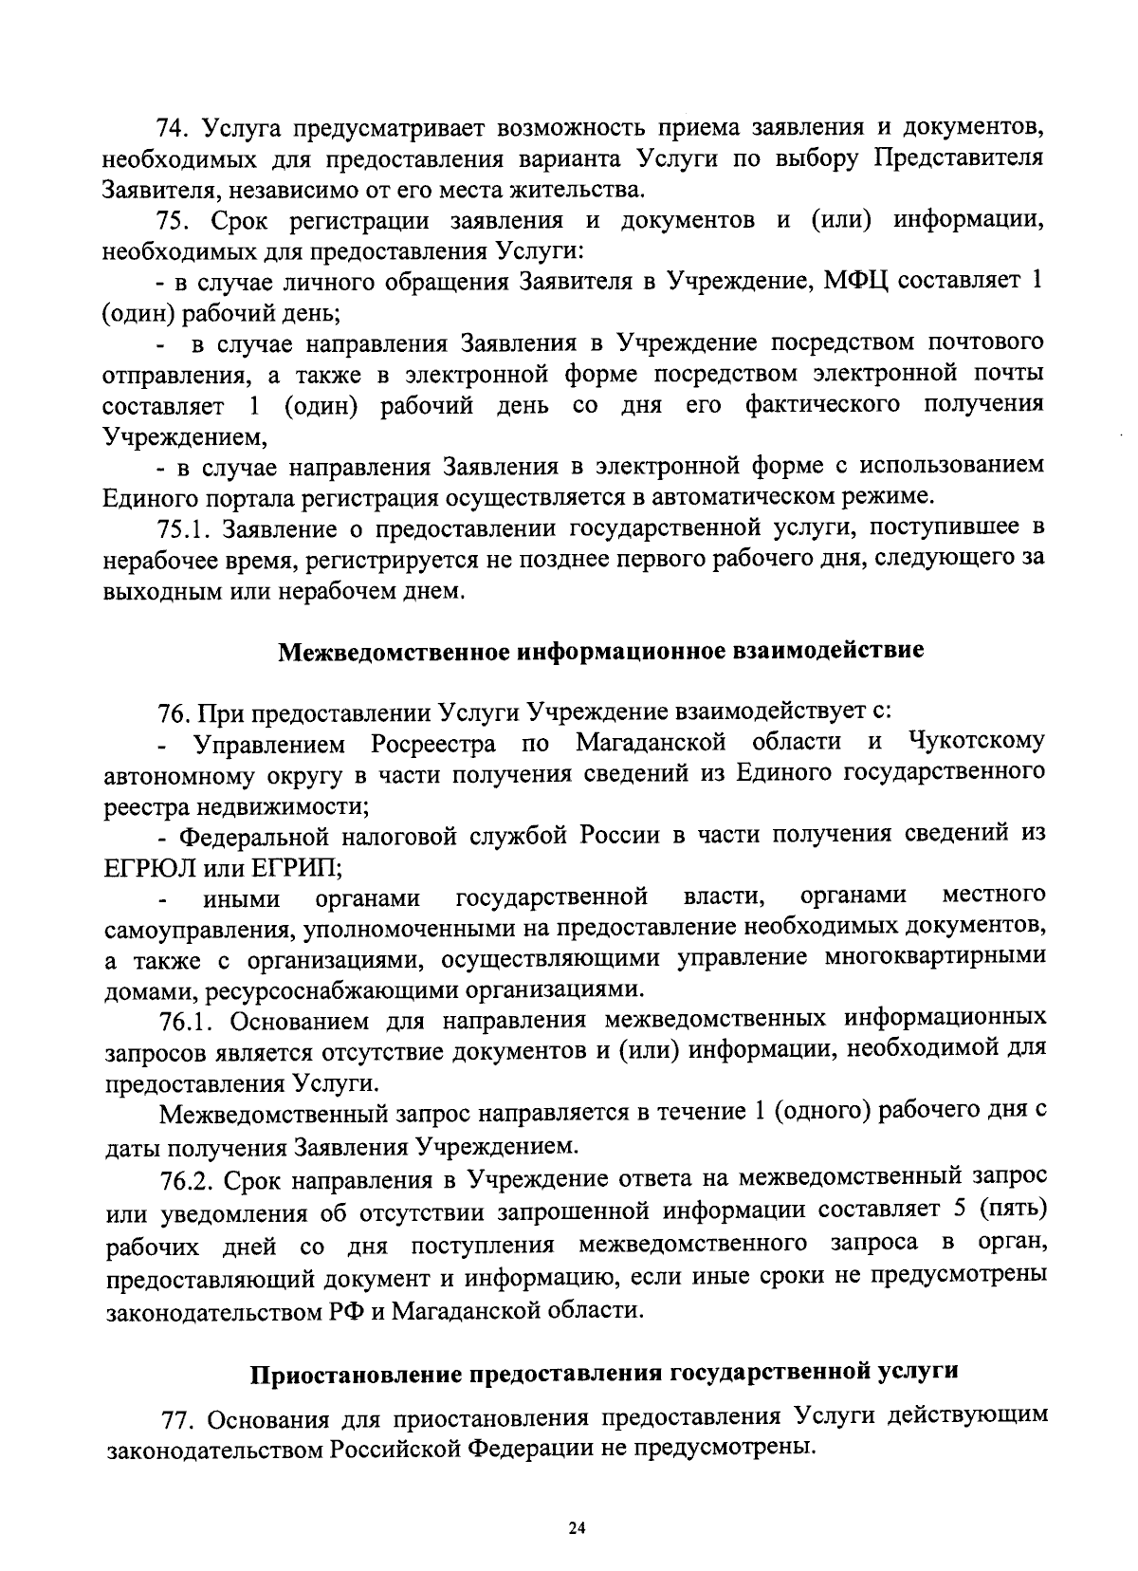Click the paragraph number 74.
pyautogui.click(x=174, y=126)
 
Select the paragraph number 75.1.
pyautogui.click(x=183, y=527)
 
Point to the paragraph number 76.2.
pyautogui.click(x=184, y=1180)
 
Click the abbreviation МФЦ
pyautogui.click(x=855, y=282)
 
